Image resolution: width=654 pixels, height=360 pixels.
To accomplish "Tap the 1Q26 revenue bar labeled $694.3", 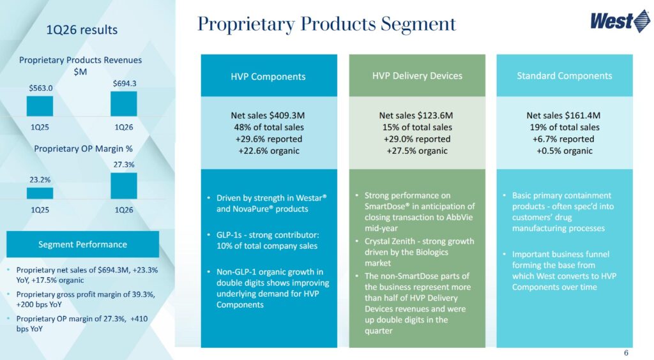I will (x=123, y=103).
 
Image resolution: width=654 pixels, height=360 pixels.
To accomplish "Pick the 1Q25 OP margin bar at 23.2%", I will (x=40, y=193).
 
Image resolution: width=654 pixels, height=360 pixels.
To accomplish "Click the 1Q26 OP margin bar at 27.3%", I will (x=123, y=186).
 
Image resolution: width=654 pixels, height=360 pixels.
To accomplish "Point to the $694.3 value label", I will (x=123, y=84).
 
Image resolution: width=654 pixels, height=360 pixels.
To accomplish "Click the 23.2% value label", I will (x=40, y=180).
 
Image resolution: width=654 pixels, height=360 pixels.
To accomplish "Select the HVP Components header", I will (x=268, y=77).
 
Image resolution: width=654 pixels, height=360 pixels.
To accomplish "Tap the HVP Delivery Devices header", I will (x=417, y=75).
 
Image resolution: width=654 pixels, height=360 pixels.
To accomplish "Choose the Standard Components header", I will (x=564, y=75).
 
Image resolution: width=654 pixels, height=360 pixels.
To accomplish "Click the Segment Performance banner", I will (x=82, y=244).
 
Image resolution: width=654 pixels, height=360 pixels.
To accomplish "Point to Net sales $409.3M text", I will (x=268, y=116).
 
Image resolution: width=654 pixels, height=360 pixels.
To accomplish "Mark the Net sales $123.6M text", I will (x=416, y=116).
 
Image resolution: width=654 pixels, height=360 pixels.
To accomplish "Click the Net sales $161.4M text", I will (x=564, y=116).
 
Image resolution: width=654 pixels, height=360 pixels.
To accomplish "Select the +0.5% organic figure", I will (x=564, y=151).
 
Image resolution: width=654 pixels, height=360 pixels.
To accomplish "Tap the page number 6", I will (x=626, y=353).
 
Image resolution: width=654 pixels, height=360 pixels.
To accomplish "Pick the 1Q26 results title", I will (x=82, y=30).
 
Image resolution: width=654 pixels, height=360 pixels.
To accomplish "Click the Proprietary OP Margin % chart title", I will (x=82, y=149).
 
